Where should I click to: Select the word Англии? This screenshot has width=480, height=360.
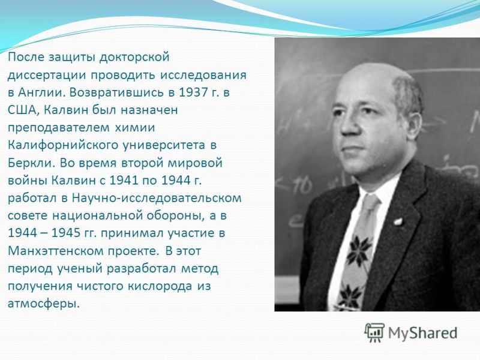point(42,92)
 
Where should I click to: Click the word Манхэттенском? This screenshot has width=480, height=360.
point(55,251)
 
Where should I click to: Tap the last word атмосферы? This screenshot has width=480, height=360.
point(43,304)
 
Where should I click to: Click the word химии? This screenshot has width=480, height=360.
point(134,128)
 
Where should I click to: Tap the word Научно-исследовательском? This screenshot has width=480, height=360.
point(157,199)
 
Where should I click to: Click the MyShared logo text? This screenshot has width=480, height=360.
point(423,333)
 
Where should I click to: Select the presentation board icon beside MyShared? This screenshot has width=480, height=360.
point(374,332)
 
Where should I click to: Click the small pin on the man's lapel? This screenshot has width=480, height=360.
point(398,221)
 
